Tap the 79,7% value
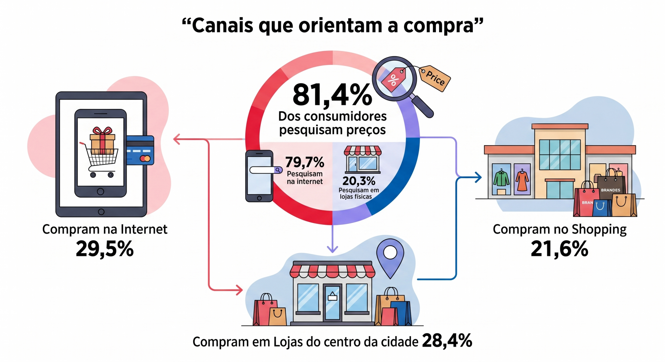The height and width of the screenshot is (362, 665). tap(305, 162)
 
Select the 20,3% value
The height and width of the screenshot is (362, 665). tap(359, 181)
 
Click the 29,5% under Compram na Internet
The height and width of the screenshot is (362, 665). tap(105, 249)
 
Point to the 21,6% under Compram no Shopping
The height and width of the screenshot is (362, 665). tap(559, 249)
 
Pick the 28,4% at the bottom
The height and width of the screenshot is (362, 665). tap(447, 341)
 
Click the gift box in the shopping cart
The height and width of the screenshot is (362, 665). tap(102, 141)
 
